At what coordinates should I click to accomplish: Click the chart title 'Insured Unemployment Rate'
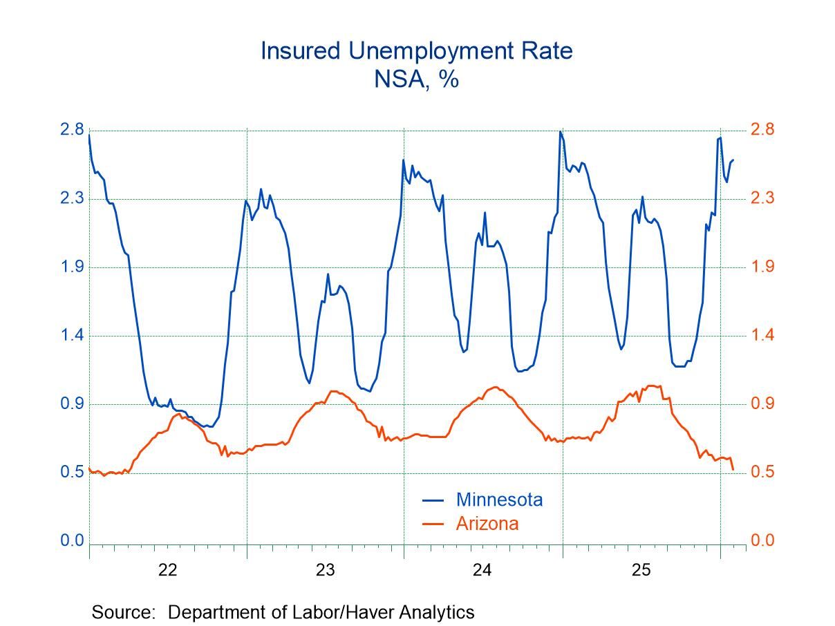pos(417,50)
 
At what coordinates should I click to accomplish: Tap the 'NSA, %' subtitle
pos(417,79)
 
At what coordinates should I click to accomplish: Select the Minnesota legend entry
pos(498,499)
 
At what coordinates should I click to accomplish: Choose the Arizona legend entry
pos(487,522)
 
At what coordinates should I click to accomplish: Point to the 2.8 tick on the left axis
pos(72,130)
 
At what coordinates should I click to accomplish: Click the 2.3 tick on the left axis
pos(72,198)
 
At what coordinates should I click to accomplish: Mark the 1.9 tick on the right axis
pos(763,267)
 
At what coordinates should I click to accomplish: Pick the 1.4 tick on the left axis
pos(72,335)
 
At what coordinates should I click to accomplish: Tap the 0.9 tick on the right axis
pos(763,404)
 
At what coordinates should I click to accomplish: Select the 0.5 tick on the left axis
pos(72,472)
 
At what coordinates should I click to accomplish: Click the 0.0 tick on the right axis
pos(763,540)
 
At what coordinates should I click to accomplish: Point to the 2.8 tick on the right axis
pos(763,130)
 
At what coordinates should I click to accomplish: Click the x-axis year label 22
pos(168,570)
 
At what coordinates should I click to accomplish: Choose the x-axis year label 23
pos(326,570)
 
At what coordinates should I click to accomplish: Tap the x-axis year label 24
pos(482,570)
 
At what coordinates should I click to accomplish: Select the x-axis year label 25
pos(641,570)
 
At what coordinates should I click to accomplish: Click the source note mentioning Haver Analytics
pos(283,611)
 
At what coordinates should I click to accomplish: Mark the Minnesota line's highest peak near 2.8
pos(560,131)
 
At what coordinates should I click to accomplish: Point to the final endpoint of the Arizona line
pos(733,469)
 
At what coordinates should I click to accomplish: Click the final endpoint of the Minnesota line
pos(733,160)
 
